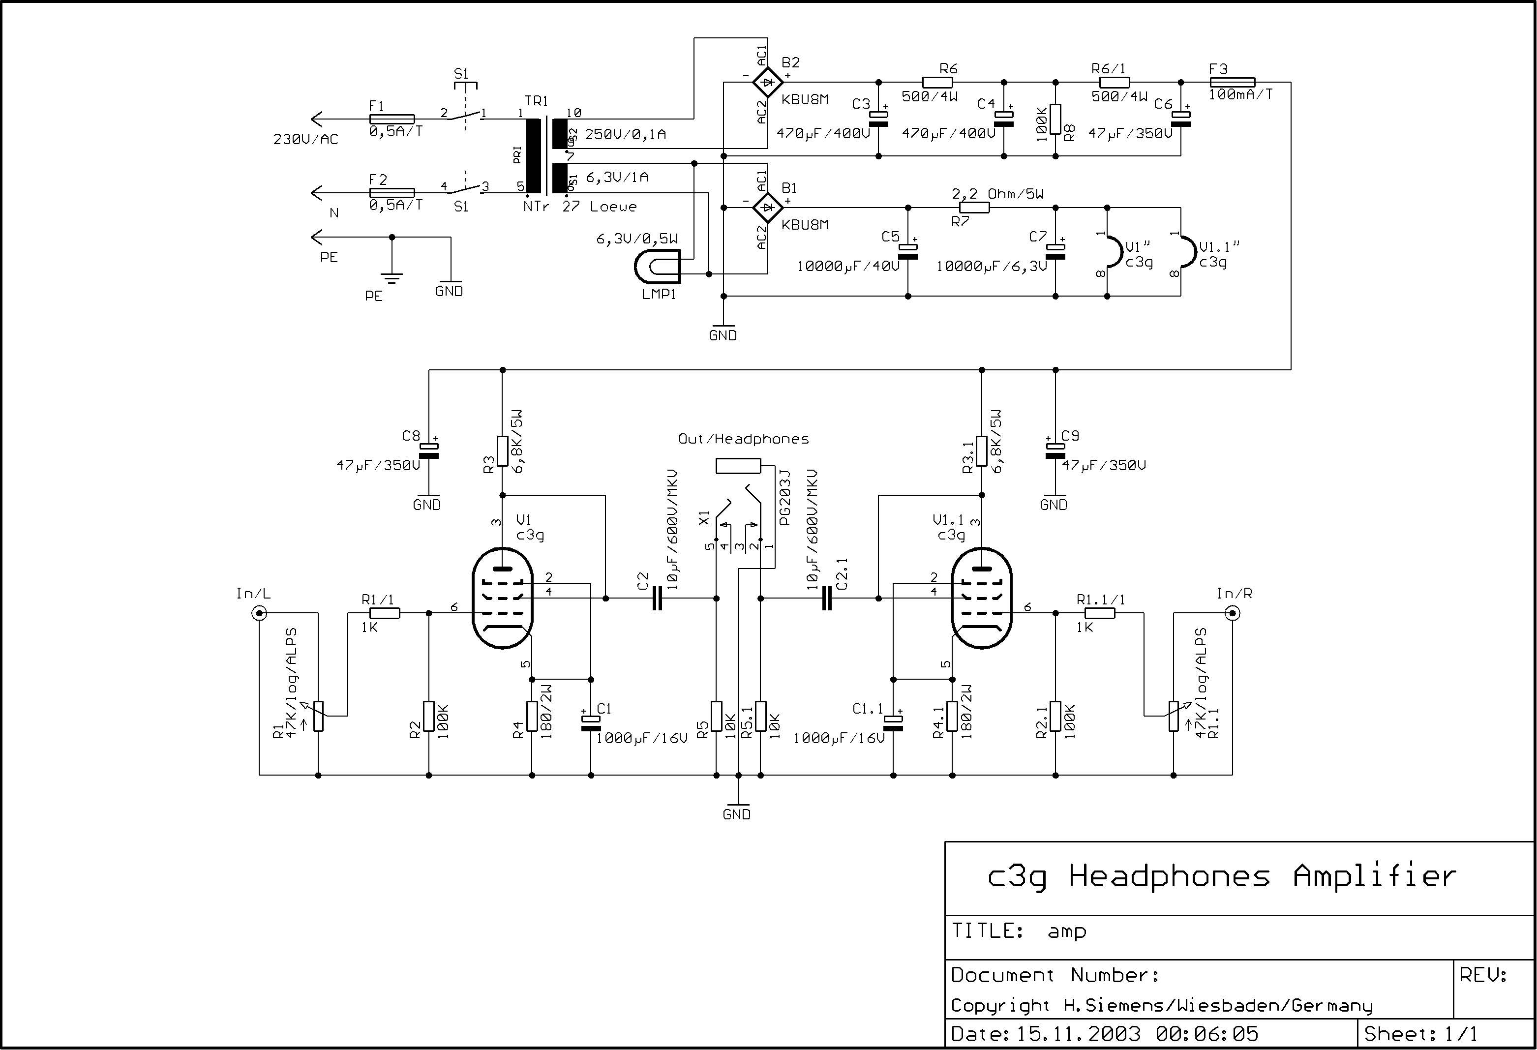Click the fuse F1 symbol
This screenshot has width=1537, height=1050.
(x=392, y=120)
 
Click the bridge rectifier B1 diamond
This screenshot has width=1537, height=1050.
(x=768, y=208)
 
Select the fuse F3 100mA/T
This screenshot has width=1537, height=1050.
(x=1232, y=83)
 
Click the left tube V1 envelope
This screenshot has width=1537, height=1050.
(x=503, y=599)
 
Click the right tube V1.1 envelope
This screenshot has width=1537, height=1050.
(x=981, y=599)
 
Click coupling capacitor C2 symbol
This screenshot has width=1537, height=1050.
(x=657, y=599)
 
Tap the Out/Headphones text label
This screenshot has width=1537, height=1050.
(x=743, y=439)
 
